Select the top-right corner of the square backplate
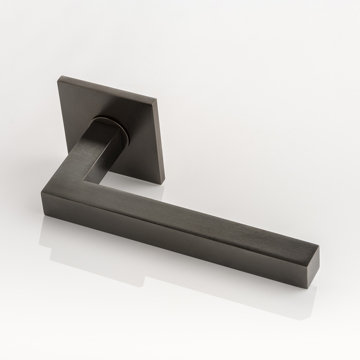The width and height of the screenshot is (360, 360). (156, 98)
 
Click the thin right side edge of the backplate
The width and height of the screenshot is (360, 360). (159, 140)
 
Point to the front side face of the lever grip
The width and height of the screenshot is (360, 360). (180, 238)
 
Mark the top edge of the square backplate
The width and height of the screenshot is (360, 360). (108, 86)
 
